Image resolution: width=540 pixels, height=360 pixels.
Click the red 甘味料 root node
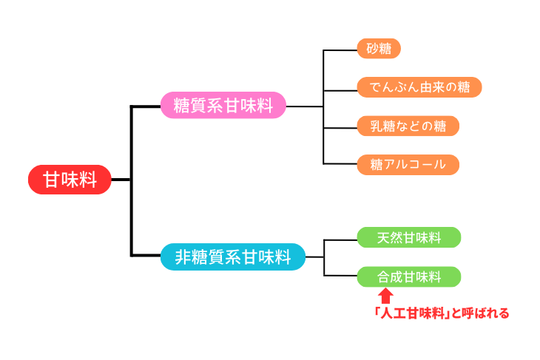click(70, 180)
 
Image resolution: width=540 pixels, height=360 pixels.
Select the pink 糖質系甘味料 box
click(223, 106)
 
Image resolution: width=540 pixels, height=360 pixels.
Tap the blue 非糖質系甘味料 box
click(232, 257)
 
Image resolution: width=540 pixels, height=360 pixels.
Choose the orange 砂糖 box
click(378, 50)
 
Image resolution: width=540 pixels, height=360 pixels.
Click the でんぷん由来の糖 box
click(419, 87)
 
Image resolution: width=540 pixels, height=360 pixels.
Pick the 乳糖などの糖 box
click(408, 126)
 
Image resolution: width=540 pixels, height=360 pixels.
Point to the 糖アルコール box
click(408, 164)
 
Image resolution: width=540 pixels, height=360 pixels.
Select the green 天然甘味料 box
click(408, 237)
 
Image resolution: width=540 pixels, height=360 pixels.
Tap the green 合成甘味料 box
click(408, 277)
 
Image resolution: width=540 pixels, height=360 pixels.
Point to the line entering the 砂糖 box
click(340, 50)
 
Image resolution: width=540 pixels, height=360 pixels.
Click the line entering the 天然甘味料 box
click(340, 238)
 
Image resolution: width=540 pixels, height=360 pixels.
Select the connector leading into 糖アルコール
click(340, 164)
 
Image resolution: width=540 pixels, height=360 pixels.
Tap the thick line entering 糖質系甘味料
click(146, 106)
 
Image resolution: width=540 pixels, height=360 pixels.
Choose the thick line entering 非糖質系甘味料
click(146, 256)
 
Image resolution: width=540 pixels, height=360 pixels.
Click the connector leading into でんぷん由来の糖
click(340, 88)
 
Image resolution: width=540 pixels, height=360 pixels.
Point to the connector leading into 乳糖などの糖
click(340, 126)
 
